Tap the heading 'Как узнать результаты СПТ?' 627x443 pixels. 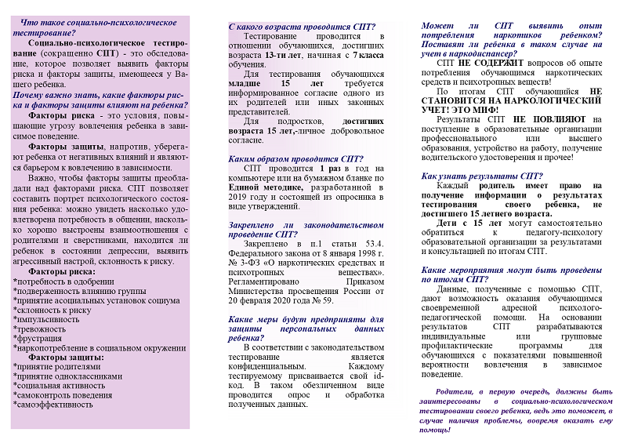pyautogui.click(x=482, y=176)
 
